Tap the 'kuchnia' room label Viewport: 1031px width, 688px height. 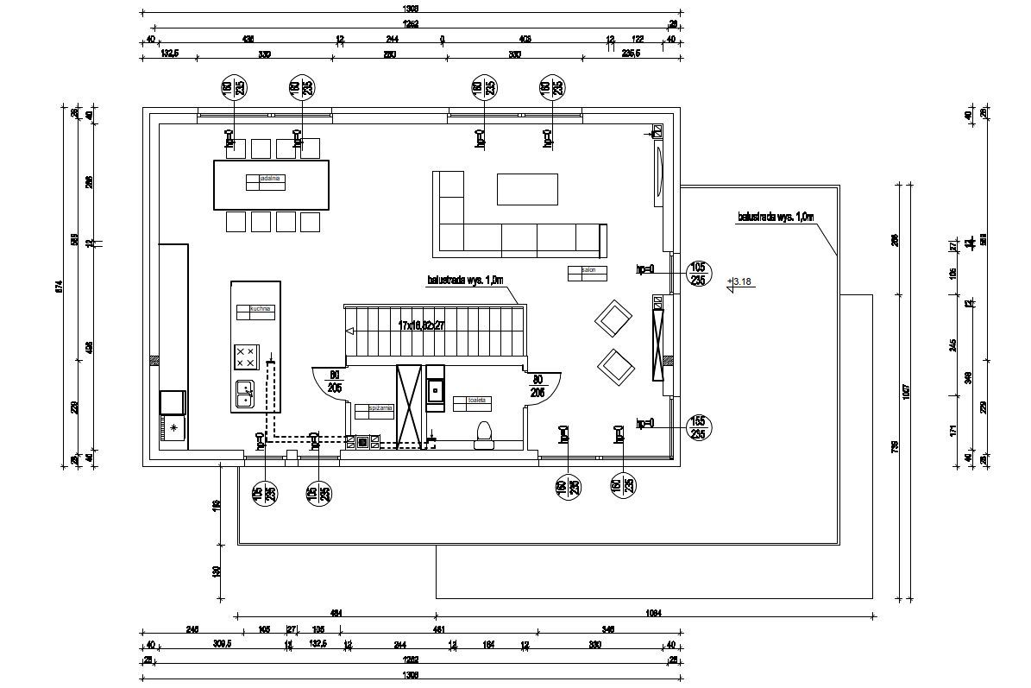tap(261, 307)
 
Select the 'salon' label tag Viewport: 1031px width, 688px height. tap(589, 270)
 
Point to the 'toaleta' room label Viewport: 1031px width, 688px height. tap(478, 401)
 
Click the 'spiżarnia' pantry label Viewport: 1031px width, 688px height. tap(380, 407)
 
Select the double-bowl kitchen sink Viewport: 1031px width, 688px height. tap(245, 393)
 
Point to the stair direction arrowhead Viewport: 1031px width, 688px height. tap(349, 331)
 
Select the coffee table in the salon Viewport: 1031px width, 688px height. tap(526, 189)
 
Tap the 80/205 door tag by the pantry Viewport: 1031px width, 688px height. tap(336, 382)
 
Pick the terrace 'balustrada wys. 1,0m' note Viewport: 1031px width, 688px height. tap(776, 218)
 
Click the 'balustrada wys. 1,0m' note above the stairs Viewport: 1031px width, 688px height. tap(464, 281)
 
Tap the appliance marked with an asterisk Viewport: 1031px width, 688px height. tap(173, 427)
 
